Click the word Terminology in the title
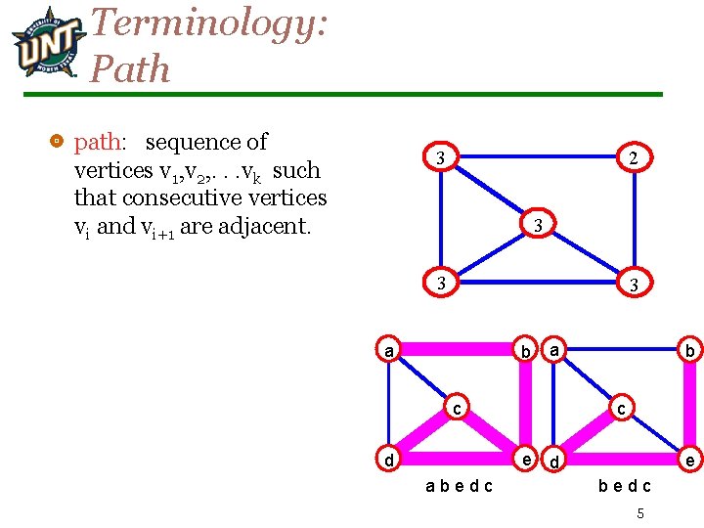tap(207, 22)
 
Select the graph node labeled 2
tap(635, 157)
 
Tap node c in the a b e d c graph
tap(457, 406)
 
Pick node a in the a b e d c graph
tap(389, 349)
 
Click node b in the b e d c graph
tap(690, 350)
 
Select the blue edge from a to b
tap(622, 349)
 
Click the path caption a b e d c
tap(459, 486)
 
